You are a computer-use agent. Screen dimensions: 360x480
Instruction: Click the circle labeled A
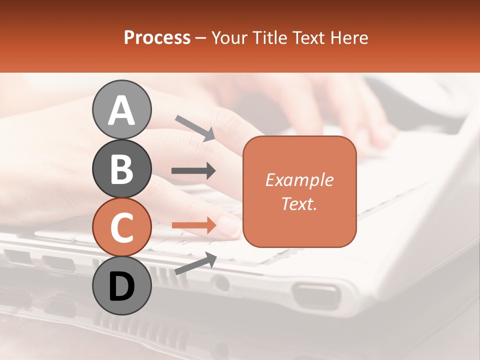[x=121, y=109]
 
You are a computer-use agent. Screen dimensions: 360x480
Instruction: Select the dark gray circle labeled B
[x=121, y=168]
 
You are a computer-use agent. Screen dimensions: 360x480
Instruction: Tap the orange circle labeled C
[x=121, y=227]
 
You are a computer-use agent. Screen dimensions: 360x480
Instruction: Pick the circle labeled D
[x=121, y=285]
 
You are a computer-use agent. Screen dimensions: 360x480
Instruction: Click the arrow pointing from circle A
[x=195, y=127]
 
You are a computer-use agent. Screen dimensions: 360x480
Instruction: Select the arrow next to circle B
[x=193, y=171]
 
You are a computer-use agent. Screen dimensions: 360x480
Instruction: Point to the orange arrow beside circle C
[x=194, y=225]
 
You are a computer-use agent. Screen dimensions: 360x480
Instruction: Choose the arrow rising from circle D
[x=195, y=263]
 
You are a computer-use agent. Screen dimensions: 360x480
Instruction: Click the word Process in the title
[x=157, y=38]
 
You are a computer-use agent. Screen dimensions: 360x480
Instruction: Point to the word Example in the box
[x=299, y=180]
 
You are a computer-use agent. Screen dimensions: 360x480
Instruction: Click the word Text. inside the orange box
[x=299, y=203]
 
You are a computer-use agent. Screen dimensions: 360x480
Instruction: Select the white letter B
[x=121, y=169]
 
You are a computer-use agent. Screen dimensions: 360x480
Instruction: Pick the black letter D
[x=121, y=286]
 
